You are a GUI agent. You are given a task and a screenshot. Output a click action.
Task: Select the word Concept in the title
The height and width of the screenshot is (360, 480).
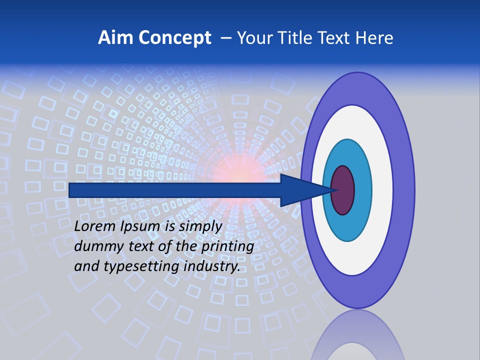[174, 38]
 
